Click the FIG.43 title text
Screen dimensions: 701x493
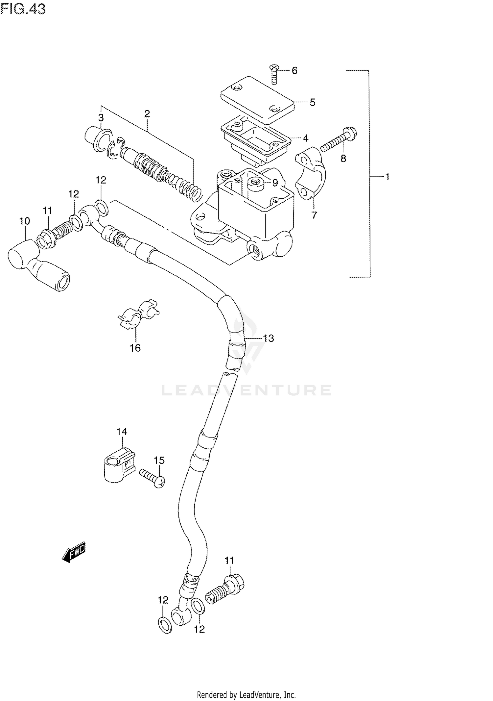(23, 9)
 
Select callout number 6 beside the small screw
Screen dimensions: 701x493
(294, 70)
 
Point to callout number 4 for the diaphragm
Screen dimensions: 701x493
(305, 138)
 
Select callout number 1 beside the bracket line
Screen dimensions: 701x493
(387, 177)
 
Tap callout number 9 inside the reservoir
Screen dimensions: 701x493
(275, 183)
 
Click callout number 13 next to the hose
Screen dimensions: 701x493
(269, 338)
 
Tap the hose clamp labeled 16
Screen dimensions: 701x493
(138, 315)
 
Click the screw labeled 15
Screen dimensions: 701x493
(152, 477)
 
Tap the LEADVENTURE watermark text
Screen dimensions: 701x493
(246, 390)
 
